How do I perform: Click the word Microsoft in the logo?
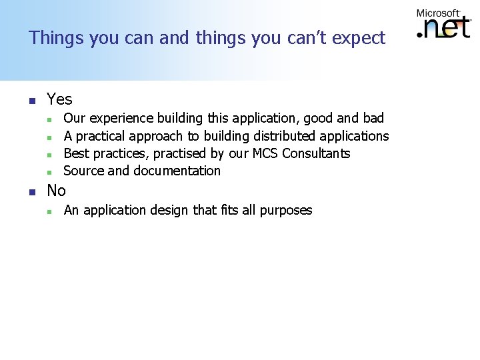[x=438, y=13]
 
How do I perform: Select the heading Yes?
[x=59, y=99]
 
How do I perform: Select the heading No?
[x=56, y=191]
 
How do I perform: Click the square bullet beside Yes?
[x=31, y=101]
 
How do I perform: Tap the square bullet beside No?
[x=31, y=192]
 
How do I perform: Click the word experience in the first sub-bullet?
[x=121, y=119]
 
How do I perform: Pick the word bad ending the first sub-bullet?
[x=373, y=118]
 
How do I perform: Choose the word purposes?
[x=285, y=211]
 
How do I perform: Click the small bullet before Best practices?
[x=49, y=155]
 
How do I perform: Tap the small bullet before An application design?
[x=49, y=211]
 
